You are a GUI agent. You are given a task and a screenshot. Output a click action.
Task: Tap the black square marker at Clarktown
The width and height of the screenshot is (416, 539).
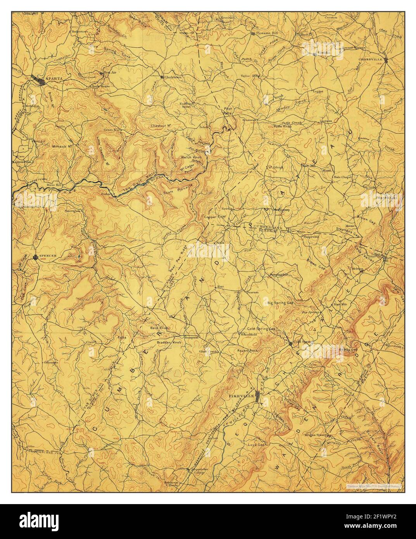pyautogui.click(x=162, y=77)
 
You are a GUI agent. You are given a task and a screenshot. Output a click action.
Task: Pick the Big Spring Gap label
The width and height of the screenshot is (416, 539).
pyautogui.click(x=281, y=304)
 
